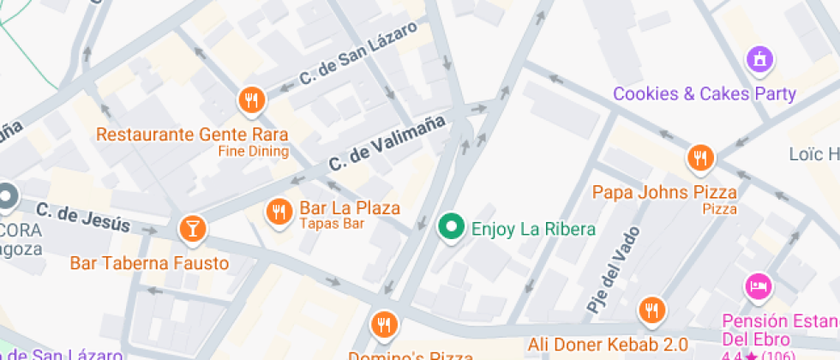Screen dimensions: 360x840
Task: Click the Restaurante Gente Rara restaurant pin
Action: click(251, 100)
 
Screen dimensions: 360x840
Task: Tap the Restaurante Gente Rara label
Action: click(192, 135)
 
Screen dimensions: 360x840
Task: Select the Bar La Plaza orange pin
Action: click(279, 210)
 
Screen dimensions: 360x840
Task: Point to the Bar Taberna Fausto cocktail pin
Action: click(191, 228)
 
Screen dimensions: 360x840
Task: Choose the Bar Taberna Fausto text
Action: click(149, 262)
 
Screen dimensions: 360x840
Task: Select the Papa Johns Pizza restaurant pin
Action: click(700, 158)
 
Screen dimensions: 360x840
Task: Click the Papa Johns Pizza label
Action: click(664, 191)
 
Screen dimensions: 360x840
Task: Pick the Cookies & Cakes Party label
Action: click(705, 93)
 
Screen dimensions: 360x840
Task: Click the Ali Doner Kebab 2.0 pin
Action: click(652, 309)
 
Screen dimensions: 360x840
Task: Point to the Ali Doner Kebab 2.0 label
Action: click(608, 345)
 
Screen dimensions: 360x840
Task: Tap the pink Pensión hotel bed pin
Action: click(758, 286)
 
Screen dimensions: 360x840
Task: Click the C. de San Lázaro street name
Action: click(357, 54)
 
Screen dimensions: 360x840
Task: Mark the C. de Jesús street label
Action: click(83, 218)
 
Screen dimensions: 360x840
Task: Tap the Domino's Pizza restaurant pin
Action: click(383, 325)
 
